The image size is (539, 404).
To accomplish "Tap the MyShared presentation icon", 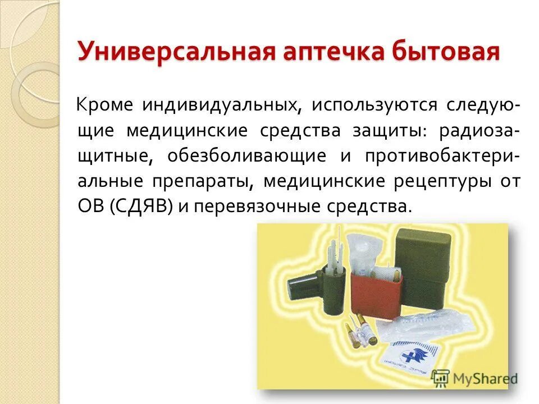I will tap(441, 378).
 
